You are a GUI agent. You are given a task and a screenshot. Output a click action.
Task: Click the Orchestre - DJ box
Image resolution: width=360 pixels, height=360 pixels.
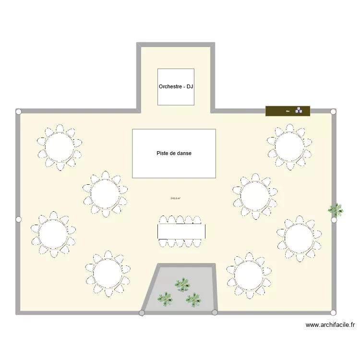point(176,87)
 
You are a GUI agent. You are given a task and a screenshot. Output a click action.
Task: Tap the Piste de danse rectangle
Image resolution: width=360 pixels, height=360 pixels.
point(174,154)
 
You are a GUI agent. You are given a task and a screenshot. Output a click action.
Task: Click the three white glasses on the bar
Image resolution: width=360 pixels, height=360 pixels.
point(299,110)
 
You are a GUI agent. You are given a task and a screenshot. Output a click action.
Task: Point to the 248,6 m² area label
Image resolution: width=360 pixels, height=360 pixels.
point(176,198)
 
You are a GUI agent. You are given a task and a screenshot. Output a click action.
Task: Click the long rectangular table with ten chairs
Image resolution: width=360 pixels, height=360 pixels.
point(181,231)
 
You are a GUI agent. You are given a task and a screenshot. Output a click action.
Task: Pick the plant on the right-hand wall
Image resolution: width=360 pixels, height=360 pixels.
point(336,209)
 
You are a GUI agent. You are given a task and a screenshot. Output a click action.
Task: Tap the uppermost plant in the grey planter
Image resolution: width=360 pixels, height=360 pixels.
point(182,284)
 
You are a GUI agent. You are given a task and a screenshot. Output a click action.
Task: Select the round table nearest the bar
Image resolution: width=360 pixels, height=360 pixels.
point(288,146)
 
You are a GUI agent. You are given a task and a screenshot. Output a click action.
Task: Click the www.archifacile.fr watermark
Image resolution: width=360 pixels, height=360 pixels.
point(330,325)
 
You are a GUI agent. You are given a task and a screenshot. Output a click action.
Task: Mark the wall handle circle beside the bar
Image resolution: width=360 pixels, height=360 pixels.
point(334,111)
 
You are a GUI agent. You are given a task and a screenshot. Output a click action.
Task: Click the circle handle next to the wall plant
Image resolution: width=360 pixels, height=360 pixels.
point(334,220)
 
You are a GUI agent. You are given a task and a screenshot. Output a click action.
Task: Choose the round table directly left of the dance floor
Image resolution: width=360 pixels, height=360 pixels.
point(105,194)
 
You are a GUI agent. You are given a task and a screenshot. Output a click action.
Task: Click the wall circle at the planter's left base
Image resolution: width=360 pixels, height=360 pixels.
point(142,313)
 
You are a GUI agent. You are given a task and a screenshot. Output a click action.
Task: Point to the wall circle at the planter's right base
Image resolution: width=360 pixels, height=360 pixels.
point(215,312)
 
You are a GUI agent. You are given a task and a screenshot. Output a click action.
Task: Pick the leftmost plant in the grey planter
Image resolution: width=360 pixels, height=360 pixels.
point(165,299)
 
